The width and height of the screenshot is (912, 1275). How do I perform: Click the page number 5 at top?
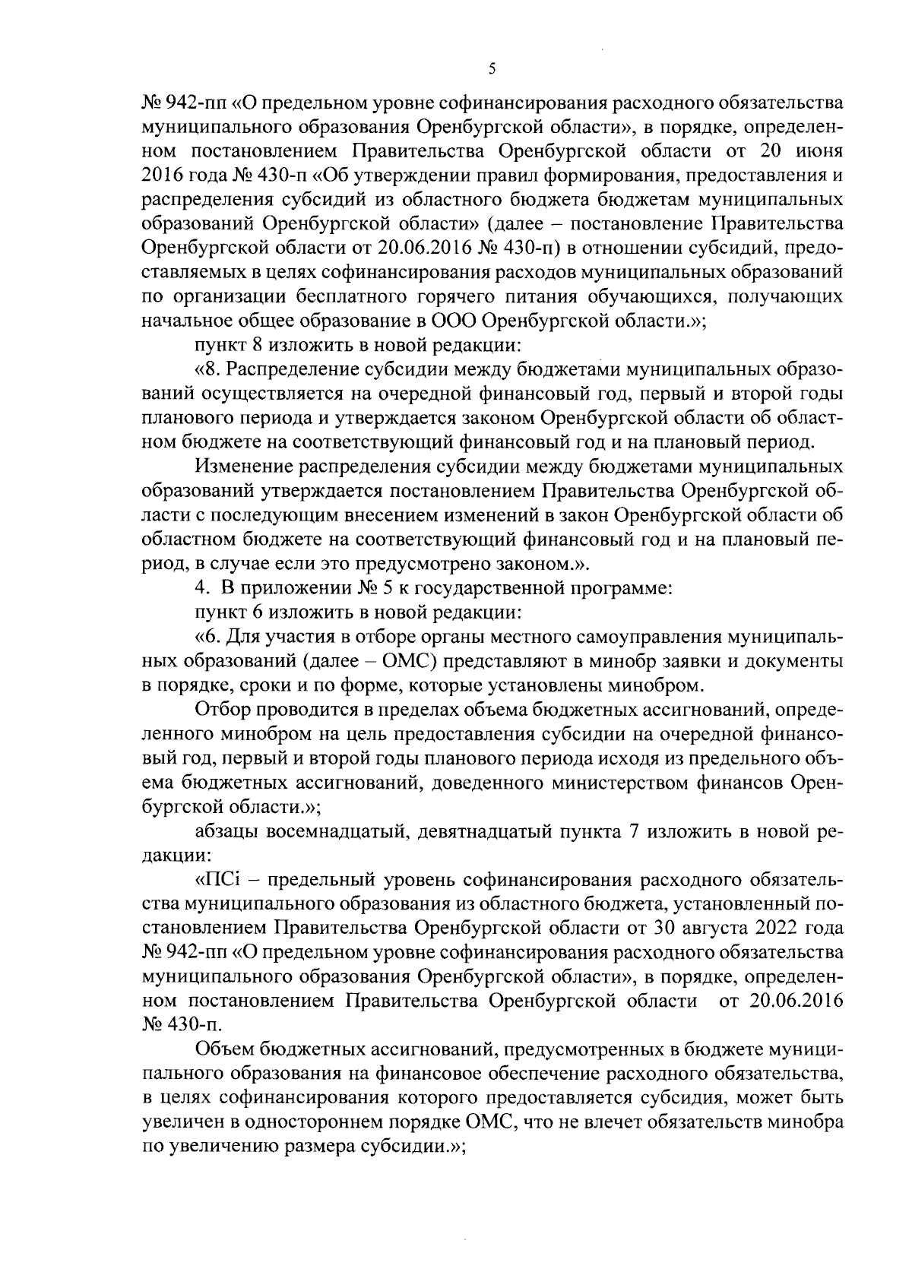492,68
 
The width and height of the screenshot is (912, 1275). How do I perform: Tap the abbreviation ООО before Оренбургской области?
455,319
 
